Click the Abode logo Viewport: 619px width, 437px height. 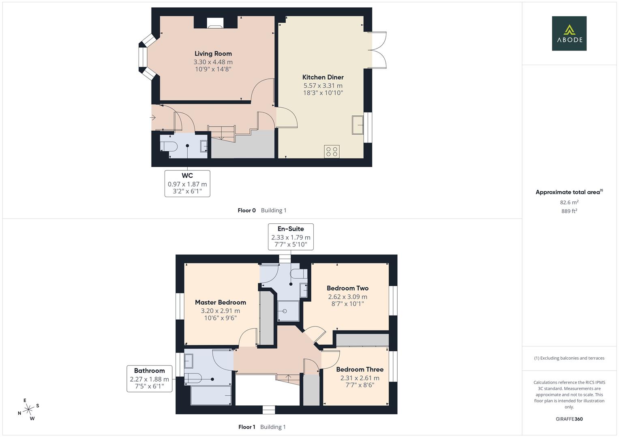pos(569,33)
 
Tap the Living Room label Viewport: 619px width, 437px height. pos(213,53)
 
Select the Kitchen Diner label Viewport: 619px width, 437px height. pos(323,77)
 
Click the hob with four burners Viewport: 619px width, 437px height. pos(332,152)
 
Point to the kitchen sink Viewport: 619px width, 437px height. pos(358,125)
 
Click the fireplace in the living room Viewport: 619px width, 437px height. pos(215,23)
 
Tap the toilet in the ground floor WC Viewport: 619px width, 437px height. pos(169,146)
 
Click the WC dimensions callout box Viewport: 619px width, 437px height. pos(187,183)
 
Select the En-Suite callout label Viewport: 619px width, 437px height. pos(291,229)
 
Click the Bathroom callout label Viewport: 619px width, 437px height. pos(150,371)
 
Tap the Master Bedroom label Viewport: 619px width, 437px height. pos(221,302)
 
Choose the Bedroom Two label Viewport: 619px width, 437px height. pos(348,288)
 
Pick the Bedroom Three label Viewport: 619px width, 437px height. pos(360,369)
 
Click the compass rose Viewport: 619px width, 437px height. pos(28,409)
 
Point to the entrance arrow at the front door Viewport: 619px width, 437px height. pos(153,118)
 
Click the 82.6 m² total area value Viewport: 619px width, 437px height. pos(569,202)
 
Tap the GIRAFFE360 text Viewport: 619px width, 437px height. pos(569,419)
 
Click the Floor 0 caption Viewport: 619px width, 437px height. pos(247,210)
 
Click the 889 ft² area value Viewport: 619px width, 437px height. pos(569,211)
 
